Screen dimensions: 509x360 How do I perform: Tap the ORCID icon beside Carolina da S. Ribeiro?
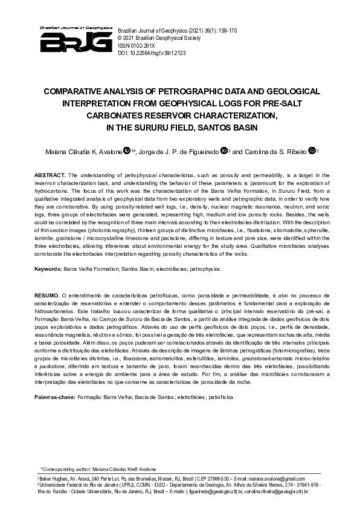pos(312,151)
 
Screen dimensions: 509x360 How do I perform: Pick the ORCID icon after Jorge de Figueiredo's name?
pos(225,151)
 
